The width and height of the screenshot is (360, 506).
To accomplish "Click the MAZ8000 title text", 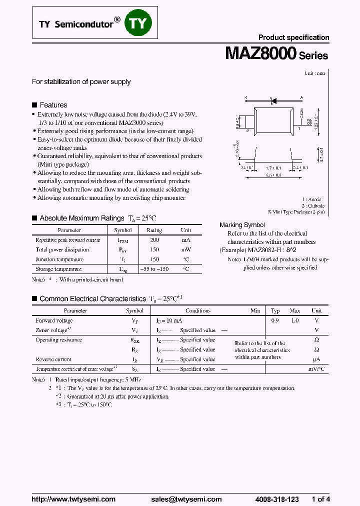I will point(260,54).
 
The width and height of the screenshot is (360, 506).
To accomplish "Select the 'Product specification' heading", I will point(293,37).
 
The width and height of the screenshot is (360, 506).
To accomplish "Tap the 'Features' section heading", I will point(53,105).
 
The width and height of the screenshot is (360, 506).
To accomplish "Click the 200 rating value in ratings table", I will point(154,240).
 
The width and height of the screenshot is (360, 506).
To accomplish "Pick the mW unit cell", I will point(185,249).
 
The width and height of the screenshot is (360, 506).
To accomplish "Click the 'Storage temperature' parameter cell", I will point(58,269).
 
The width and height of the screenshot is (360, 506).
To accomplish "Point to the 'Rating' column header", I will point(154,230).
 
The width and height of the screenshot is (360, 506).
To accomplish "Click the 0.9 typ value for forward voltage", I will point(275,320).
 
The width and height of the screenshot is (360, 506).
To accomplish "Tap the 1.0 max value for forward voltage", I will point(295,320).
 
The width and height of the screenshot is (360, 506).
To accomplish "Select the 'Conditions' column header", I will point(198,310).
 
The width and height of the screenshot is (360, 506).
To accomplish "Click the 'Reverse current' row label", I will point(53,359).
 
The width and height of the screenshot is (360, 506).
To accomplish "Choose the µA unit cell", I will point(316,359).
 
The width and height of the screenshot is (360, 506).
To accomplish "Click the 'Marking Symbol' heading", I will point(242,225).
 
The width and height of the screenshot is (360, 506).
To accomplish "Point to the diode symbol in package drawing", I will point(273,100).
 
